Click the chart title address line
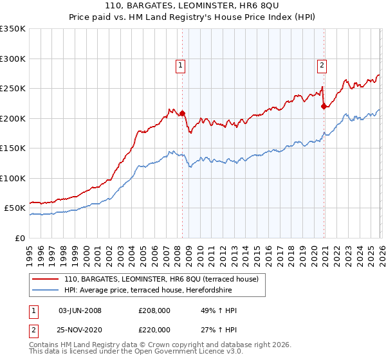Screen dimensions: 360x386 point(193,6)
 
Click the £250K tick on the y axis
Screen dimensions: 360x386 point(13,89)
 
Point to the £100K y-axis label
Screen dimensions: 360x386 point(13,178)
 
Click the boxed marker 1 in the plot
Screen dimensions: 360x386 point(180,64)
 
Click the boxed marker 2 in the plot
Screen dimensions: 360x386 point(322,64)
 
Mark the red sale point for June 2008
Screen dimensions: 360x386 point(182,114)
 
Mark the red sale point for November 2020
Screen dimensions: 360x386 point(324,107)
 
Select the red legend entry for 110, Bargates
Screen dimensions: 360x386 point(161,279)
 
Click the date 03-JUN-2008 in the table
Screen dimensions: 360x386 point(80,311)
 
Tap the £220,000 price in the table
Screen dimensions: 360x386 point(154,329)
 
